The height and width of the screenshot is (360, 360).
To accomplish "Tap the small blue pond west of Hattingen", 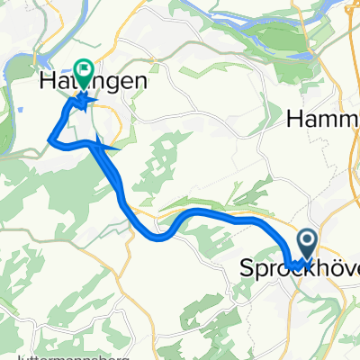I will tap(18, 112).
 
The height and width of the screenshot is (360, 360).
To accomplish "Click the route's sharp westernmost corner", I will tap(48, 139).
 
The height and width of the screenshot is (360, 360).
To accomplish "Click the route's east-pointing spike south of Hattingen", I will tap(118, 146).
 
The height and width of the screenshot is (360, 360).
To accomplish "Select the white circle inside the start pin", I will tap(307, 240).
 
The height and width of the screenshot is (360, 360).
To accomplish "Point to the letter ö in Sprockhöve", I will tap(330, 268).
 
